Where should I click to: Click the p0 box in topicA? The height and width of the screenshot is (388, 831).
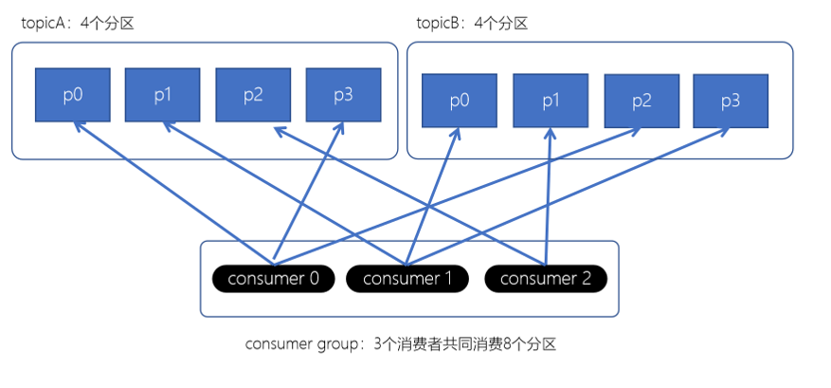[x=73, y=95]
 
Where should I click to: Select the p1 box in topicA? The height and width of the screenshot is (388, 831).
[x=162, y=95]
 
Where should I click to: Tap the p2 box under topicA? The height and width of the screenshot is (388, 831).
[x=253, y=95]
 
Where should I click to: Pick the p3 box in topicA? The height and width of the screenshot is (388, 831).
[x=343, y=95]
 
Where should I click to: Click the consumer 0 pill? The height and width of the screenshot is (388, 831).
[x=273, y=278]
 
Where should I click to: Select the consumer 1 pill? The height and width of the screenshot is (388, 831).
[x=407, y=278]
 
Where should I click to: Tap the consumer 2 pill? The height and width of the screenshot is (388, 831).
[x=545, y=278]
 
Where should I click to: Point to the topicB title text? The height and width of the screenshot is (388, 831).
[x=472, y=23]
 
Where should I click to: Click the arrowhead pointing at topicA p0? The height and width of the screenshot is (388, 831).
[x=78, y=128]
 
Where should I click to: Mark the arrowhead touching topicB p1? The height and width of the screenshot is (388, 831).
[x=549, y=134]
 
